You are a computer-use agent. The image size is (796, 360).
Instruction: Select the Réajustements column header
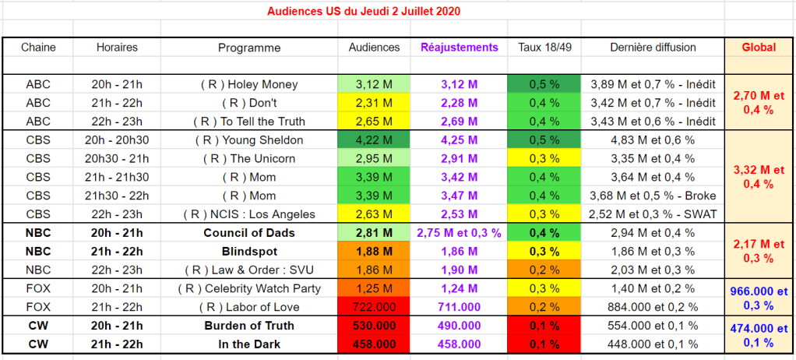pyautogui.click(x=459, y=48)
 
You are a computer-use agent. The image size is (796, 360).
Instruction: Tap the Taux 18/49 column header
pyautogui.click(x=545, y=48)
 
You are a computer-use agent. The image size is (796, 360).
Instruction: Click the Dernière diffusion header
pyautogui.click(x=654, y=48)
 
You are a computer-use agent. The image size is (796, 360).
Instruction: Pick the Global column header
pyautogui.click(x=759, y=48)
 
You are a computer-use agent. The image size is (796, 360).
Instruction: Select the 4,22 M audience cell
pyautogui.click(x=374, y=140)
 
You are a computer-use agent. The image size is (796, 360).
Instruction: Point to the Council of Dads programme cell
pyautogui.click(x=249, y=233)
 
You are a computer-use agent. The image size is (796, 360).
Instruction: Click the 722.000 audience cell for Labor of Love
pyautogui.click(x=374, y=307)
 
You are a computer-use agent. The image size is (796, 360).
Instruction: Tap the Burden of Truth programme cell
pyautogui.click(x=249, y=326)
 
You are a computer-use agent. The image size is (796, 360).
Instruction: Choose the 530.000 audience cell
pyautogui.click(x=374, y=326)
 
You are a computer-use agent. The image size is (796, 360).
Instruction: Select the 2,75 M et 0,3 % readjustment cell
pyautogui.click(x=459, y=233)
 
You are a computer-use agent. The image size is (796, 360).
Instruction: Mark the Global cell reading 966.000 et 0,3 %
pyautogui.click(x=759, y=298)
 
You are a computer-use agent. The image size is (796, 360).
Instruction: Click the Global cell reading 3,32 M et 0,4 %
pyautogui.click(x=759, y=177)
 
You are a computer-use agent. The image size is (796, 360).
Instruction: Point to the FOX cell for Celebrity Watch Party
pyautogui.click(x=38, y=288)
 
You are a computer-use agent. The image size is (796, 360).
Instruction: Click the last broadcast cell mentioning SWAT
pyautogui.click(x=654, y=214)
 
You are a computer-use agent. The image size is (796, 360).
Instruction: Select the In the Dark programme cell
pyautogui.click(x=249, y=344)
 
